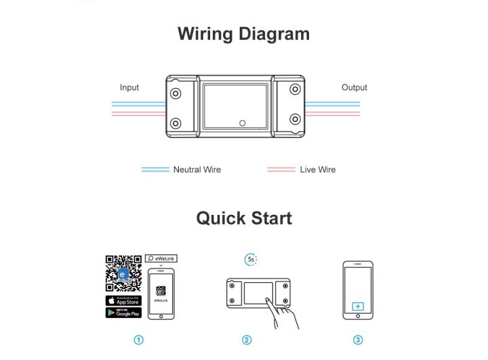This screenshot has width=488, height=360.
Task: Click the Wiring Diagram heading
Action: [x=243, y=34]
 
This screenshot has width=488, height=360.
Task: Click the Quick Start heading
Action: [x=244, y=218]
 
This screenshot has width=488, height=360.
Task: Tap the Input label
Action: [x=129, y=87]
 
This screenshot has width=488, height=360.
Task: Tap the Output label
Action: [x=354, y=87]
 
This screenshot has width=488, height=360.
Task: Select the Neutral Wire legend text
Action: [x=197, y=169]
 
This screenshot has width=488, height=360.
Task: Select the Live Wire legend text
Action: [x=317, y=169]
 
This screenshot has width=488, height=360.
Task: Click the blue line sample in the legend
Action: [x=155, y=169]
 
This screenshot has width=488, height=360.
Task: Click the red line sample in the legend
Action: [x=281, y=169]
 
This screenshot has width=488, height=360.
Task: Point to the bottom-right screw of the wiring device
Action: [x=295, y=120]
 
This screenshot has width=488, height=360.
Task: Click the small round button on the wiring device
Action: [x=242, y=123]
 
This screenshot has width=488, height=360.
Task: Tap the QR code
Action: [x=123, y=273]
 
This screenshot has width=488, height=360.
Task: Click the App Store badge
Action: [x=123, y=300]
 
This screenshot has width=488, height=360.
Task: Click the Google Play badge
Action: [x=123, y=313]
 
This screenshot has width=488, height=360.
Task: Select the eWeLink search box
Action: [x=161, y=258]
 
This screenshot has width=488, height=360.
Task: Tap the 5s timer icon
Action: [x=251, y=260]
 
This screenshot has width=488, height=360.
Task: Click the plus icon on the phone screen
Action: [x=358, y=306]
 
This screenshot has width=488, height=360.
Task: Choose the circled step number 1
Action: [x=139, y=340]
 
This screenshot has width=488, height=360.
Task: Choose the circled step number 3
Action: [x=358, y=340]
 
